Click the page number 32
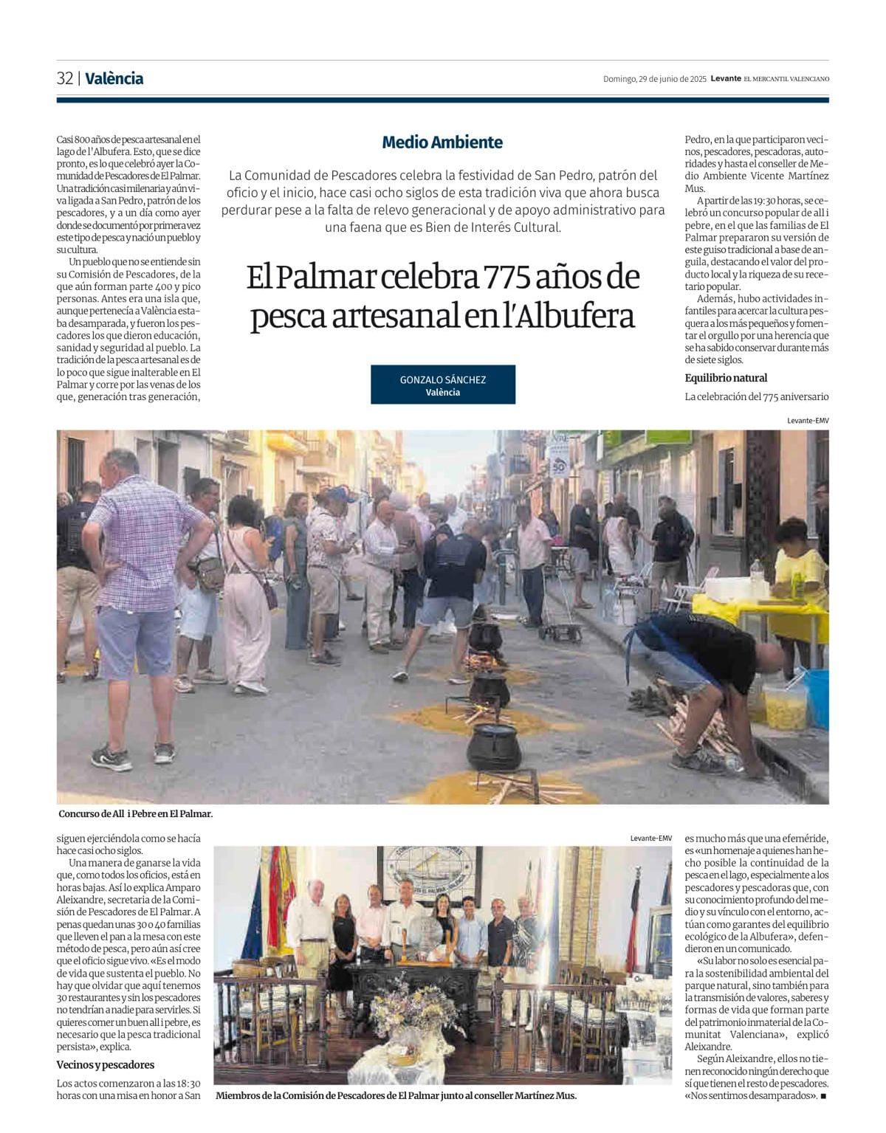click(65, 78)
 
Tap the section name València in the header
click(114, 78)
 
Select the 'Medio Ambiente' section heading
click(442, 142)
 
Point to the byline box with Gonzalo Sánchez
click(443, 385)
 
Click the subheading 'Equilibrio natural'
click(726, 378)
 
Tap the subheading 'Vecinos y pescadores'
click(106, 1064)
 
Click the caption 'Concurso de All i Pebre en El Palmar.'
click(136, 813)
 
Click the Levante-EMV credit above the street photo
click(808, 420)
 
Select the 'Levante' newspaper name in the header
click(725, 79)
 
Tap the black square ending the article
click(823, 1096)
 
